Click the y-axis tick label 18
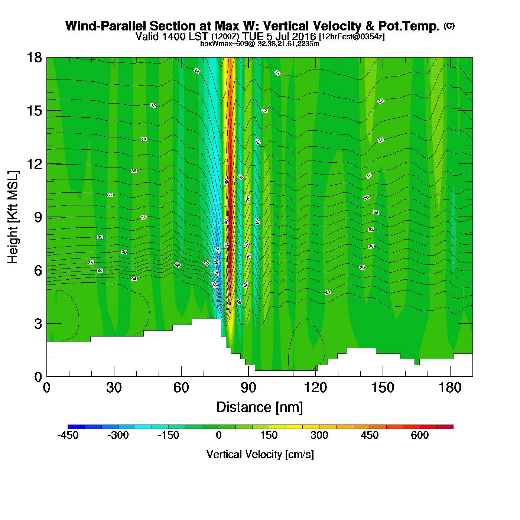(x=34, y=58)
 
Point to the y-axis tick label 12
(x=34, y=164)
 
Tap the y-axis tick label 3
(x=38, y=324)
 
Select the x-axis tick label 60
(x=181, y=388)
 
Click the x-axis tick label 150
(x=383, y=388)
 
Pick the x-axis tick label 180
(x=450, y=388)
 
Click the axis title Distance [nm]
(x=260, y=407)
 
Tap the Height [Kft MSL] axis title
(x=13, y=217)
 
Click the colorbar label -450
(x=68, y=435)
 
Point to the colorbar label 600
(x=420, y=435)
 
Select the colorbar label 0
(x=219, y=435)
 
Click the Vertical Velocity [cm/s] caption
(x=260, y=455)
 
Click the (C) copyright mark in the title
(x=449, y=26)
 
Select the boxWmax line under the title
(x=260, y=44)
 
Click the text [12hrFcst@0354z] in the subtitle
(x=352, y=37)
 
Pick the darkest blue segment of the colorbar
(x=76, y=427)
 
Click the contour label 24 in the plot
(x=134, y=279)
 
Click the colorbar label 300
(x=319, y=435)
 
